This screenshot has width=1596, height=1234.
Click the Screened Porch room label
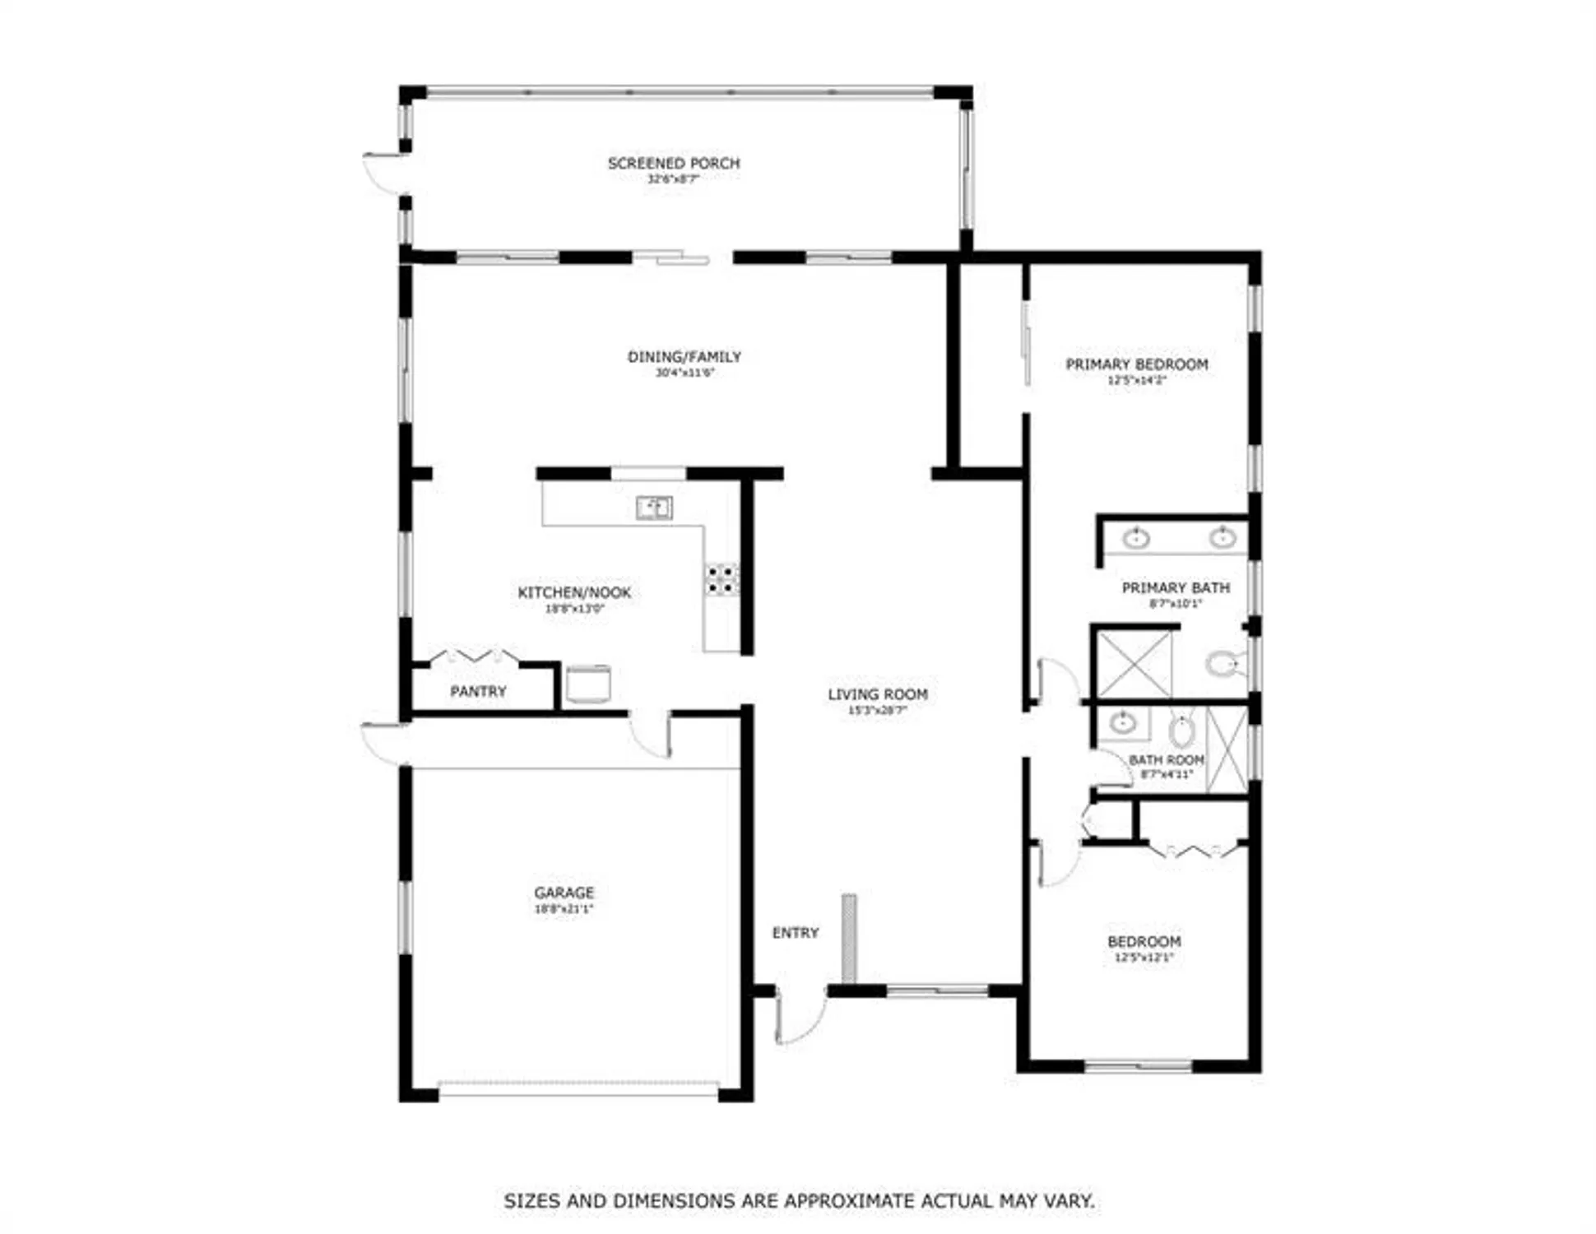point(674,163)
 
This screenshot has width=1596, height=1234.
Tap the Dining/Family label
point(684,356)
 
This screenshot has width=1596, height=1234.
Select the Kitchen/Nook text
point(574,592)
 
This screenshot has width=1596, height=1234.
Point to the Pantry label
point(478,691)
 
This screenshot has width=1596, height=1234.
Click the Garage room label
point(564,892)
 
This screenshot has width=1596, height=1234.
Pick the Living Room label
point(878,694)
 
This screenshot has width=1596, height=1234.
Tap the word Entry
point(796,932)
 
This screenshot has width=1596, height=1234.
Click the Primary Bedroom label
point(1137,364)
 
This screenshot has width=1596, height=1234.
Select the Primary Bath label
point(1176,587)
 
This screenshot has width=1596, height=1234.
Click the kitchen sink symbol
point(654,508)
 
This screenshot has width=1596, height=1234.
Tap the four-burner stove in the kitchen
point(721,578)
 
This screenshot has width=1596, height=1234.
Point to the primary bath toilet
point(1224,663)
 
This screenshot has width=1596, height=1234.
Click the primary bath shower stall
point(1135,663)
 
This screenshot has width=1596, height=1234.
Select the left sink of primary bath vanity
point(1136,539)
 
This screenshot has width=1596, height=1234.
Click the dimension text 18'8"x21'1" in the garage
point(564,909)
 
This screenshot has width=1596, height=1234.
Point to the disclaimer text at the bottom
point(799,1200)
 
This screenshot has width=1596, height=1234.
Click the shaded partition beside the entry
point(848,938)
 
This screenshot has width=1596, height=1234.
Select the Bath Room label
point(1166,759)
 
